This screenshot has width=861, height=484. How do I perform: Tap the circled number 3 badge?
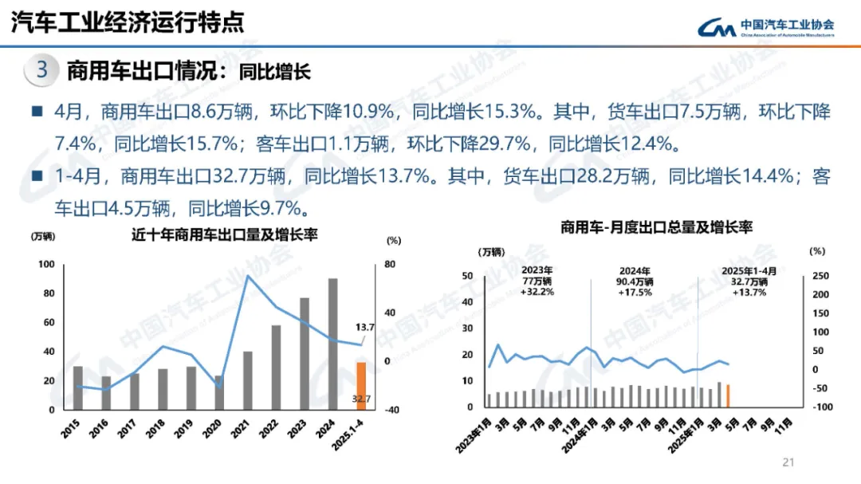(42, 70)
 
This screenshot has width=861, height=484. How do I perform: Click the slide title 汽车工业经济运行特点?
(128, 22)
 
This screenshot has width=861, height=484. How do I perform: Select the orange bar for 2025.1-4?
(360, 386)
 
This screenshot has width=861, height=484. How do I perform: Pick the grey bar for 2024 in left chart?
(332, 344)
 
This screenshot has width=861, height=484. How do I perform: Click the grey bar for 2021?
(248, 380)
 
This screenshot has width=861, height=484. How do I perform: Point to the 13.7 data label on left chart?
(365, 328)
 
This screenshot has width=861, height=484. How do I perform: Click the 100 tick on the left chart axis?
(47, 265)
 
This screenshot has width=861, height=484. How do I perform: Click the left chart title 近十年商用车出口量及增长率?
(226, 234)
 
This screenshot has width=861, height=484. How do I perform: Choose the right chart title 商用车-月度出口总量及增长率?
(655, 227)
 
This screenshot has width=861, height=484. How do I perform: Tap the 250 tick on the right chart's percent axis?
(820, 276)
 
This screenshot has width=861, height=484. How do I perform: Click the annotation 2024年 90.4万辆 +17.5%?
(635, 281)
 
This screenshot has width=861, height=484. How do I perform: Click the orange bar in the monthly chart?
(728, 395)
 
